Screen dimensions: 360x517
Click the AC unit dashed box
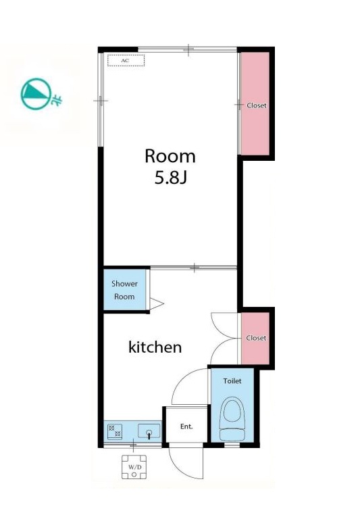pos(126,60)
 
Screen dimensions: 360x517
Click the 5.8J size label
pos(170,178)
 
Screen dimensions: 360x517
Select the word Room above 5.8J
pos(170,156)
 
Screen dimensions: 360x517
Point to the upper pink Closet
pos(255,103)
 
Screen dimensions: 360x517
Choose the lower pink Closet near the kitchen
pos(255,339)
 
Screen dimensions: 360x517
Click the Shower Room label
pos(124,290)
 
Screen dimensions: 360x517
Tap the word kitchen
pos(155,347)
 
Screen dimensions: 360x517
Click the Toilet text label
pos(232,381)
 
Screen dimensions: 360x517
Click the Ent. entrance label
pos(186,426)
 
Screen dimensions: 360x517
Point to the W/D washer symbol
pos(134,467)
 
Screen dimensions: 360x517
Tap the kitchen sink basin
pos(149,431)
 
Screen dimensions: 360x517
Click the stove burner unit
pos(115,431)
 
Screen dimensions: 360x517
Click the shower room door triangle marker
pos(156,303)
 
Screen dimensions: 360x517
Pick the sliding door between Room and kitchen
pos(194,268)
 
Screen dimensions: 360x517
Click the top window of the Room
pos(188,50)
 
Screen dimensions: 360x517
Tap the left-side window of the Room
pos(101,100)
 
